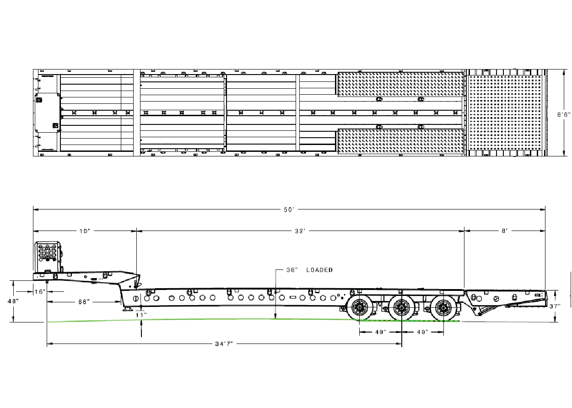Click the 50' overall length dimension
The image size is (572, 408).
coord(289,209)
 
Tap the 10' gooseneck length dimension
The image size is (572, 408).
coord(84,231)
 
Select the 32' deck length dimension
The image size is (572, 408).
coord(300,231)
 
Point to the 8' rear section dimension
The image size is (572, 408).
coord(504,231)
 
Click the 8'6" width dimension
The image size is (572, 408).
coord(564,115)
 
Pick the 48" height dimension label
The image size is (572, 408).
coord(13,301)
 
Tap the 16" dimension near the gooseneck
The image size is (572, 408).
coord(40,291)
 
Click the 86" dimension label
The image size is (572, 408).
coord(84,302)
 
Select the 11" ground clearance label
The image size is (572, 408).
coord(141,315)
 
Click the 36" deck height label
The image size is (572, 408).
coord(292,270)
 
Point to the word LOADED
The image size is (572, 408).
coord(319,270)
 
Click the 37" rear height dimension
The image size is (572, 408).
coord(555,306)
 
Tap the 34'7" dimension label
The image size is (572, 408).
coord(224,344)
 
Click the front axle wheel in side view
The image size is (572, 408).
coord(360,308)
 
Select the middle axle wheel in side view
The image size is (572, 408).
coord(401,308)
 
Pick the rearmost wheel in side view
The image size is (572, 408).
coord(443,308)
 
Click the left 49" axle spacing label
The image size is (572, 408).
coord(380,332)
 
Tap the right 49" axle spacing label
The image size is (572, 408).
coord(422,332)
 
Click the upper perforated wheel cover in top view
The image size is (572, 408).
coord(400,85)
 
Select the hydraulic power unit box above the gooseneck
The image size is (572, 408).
coord(48,257)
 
